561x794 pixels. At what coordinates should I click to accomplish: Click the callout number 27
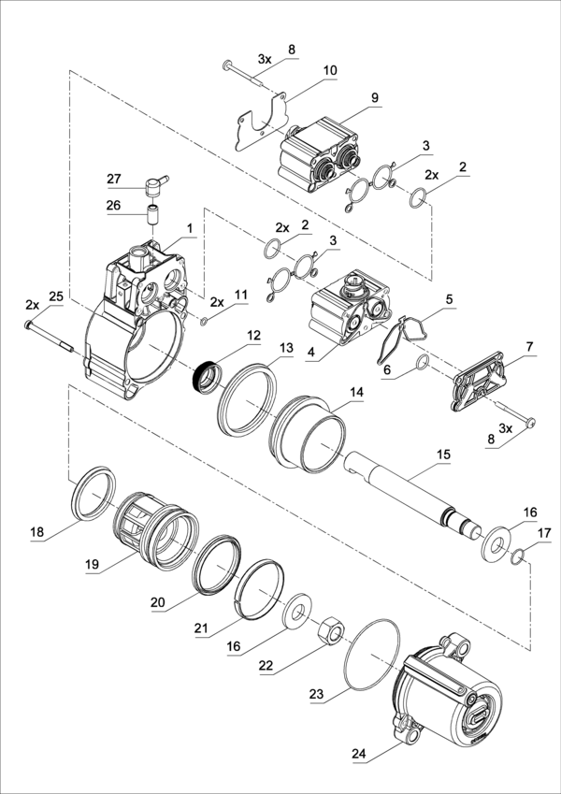point(114,179)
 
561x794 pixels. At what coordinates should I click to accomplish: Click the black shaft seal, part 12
point(205,376)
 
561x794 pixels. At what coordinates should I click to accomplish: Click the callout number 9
point(374,96)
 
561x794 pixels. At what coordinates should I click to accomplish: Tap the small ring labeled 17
point(520,558)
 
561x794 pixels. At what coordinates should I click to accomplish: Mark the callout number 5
point(449,299)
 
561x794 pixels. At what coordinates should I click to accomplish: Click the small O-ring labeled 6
point(421,363)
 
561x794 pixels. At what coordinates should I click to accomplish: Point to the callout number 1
point(189,227)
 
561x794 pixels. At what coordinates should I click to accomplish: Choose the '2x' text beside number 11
point(217,301)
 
